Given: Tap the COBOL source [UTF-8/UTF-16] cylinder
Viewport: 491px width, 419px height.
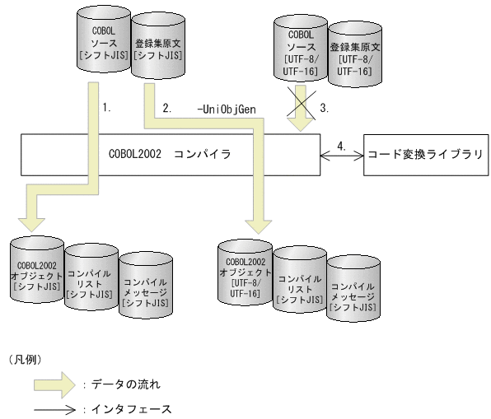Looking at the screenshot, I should (x=300, y=54).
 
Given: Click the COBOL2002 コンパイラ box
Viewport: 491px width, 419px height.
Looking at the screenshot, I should (x=170, y=153).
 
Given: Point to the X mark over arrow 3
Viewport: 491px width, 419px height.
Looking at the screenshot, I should (x=304, y=107).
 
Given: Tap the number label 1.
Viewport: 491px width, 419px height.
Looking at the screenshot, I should (x=105, y=107).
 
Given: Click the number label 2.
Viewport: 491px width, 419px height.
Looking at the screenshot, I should (x=167, y=107).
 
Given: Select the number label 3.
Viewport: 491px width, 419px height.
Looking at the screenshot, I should (x=325, y=107).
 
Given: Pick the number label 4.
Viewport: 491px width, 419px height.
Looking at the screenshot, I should (x=342, y=146).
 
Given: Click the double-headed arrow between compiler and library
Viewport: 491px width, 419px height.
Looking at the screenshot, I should (x=342, y=155).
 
